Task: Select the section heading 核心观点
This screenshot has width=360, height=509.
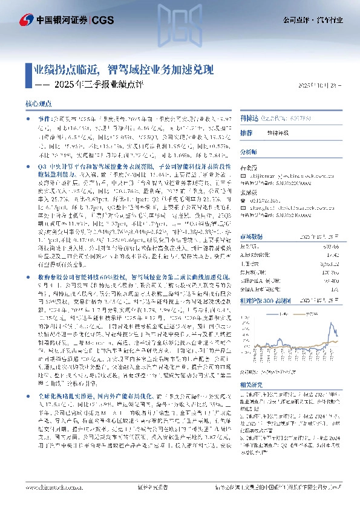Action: [x=38, y=105]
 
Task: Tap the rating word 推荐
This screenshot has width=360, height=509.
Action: [x=246, y=132]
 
